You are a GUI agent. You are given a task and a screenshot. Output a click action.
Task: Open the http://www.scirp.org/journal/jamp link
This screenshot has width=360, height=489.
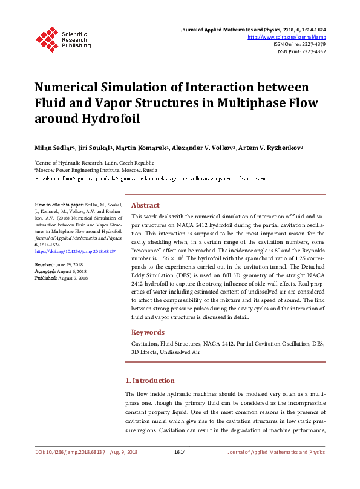coord(287,37)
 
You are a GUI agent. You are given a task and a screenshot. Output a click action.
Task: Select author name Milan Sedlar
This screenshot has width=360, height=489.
coord(54,148)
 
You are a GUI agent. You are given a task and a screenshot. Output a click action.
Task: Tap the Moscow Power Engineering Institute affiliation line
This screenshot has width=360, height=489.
coord(96,171)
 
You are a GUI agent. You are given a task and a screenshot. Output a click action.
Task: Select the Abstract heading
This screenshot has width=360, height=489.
coord(145,205)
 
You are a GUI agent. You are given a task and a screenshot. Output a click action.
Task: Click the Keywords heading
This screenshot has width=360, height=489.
coord(148,332)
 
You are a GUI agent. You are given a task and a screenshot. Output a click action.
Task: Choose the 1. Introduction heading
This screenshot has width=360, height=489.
coord(149,381)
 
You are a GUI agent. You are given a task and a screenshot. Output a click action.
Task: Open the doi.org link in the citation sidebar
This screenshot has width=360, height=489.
coord(76,251)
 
